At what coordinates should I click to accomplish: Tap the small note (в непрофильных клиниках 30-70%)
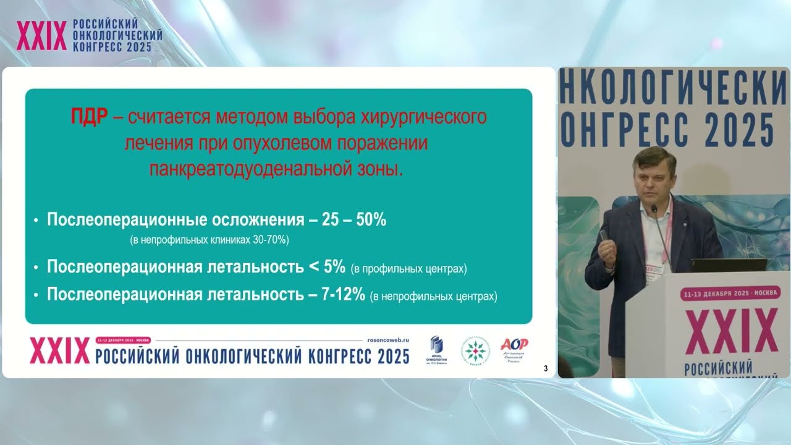click(209, 239)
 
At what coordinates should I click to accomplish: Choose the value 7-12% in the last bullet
click(344, 294)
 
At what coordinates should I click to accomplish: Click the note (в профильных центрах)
click(408, 269)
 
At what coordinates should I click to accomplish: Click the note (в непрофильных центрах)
click(433, 297)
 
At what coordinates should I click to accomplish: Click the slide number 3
click(545, 369)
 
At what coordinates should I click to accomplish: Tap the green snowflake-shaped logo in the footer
click(475, 351)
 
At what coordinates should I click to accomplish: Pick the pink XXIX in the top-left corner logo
click(41, 37)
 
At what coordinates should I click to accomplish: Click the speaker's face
click(654, 177)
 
